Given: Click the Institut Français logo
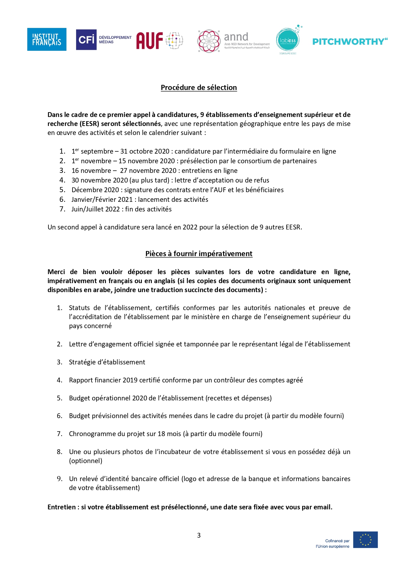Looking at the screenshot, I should click(x=47, y=39).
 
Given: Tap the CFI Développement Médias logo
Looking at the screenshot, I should click(x=103, y=40).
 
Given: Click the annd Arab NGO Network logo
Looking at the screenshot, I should click(x=233, y=41).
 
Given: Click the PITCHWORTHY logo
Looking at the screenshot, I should click(x=350, y=41).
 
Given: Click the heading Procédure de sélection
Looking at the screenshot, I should click(x=199, y=87).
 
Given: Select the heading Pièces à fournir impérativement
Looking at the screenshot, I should click(x=199, y=254).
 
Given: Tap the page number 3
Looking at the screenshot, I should click(x=199, y=535).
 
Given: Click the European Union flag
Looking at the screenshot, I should click(x=365, y=540).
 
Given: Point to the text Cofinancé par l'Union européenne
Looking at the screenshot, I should click(x=333, y=543).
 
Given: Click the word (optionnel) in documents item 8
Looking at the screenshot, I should click(x=85, y=461).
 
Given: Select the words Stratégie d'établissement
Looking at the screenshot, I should click(x=107, y=362).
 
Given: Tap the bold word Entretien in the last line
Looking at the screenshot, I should click(x=62, y=507).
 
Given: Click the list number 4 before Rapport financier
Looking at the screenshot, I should click(x=59, y=380).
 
